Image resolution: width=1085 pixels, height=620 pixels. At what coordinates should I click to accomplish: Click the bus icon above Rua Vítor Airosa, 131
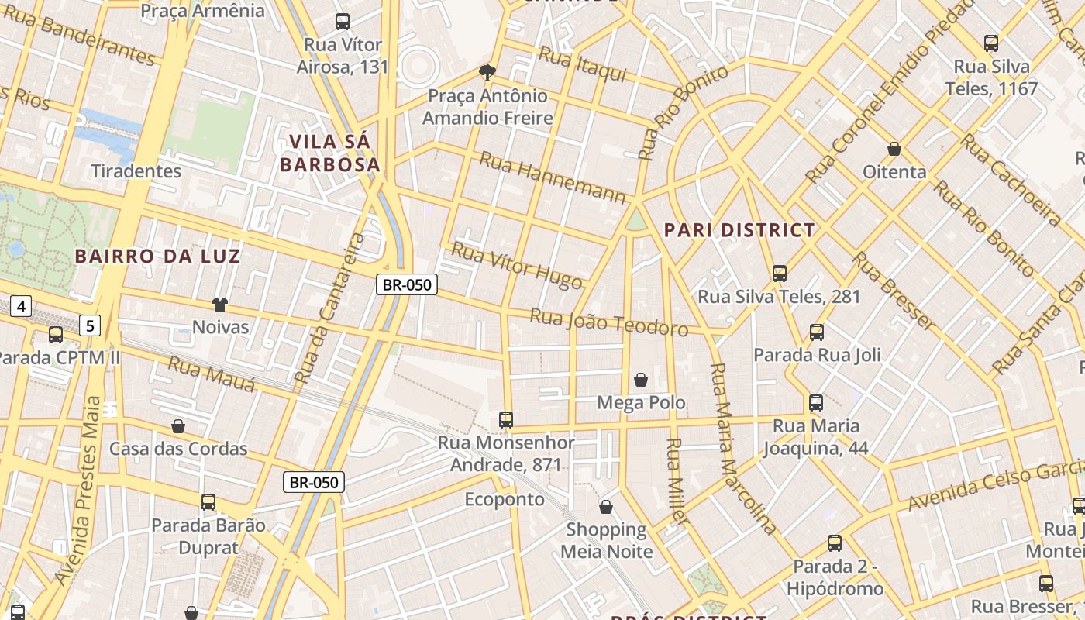coord(342,22)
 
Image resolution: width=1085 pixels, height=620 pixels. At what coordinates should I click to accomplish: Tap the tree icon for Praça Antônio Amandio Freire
coord(487,73)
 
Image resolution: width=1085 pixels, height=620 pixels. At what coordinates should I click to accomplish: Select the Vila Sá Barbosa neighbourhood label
coord(330,153)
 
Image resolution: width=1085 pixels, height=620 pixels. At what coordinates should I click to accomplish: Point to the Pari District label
coord(740,230)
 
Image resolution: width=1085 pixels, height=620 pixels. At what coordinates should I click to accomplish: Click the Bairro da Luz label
coord(158,257)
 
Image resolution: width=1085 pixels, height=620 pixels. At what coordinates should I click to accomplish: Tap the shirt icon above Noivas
coord(220,305)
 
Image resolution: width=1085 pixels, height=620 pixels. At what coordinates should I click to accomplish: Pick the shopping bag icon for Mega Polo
coord(641,380)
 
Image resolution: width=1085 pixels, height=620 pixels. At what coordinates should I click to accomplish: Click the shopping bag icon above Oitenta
coord(894,149)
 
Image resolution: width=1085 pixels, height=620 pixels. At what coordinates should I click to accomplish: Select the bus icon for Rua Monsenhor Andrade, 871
coord(506,420)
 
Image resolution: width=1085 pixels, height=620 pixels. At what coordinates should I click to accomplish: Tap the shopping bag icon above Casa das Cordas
coord(178,426)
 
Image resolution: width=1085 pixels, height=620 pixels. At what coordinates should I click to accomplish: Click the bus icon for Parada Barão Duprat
coord(208,502)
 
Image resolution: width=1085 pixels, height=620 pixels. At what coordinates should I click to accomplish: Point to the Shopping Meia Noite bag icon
coord(606,507)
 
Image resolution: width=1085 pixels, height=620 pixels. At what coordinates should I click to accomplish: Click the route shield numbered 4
coord(21,307)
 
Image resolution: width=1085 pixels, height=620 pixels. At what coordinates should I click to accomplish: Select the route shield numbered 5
coord(90,325)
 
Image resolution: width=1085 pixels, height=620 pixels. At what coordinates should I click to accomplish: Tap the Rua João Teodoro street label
coord(608,322)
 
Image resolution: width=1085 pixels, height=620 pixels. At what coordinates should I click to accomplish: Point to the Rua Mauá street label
coord(212,374)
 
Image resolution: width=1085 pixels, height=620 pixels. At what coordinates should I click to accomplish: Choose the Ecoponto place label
coord(505,500)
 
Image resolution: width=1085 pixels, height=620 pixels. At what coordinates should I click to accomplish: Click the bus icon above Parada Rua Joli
coord(817,332)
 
